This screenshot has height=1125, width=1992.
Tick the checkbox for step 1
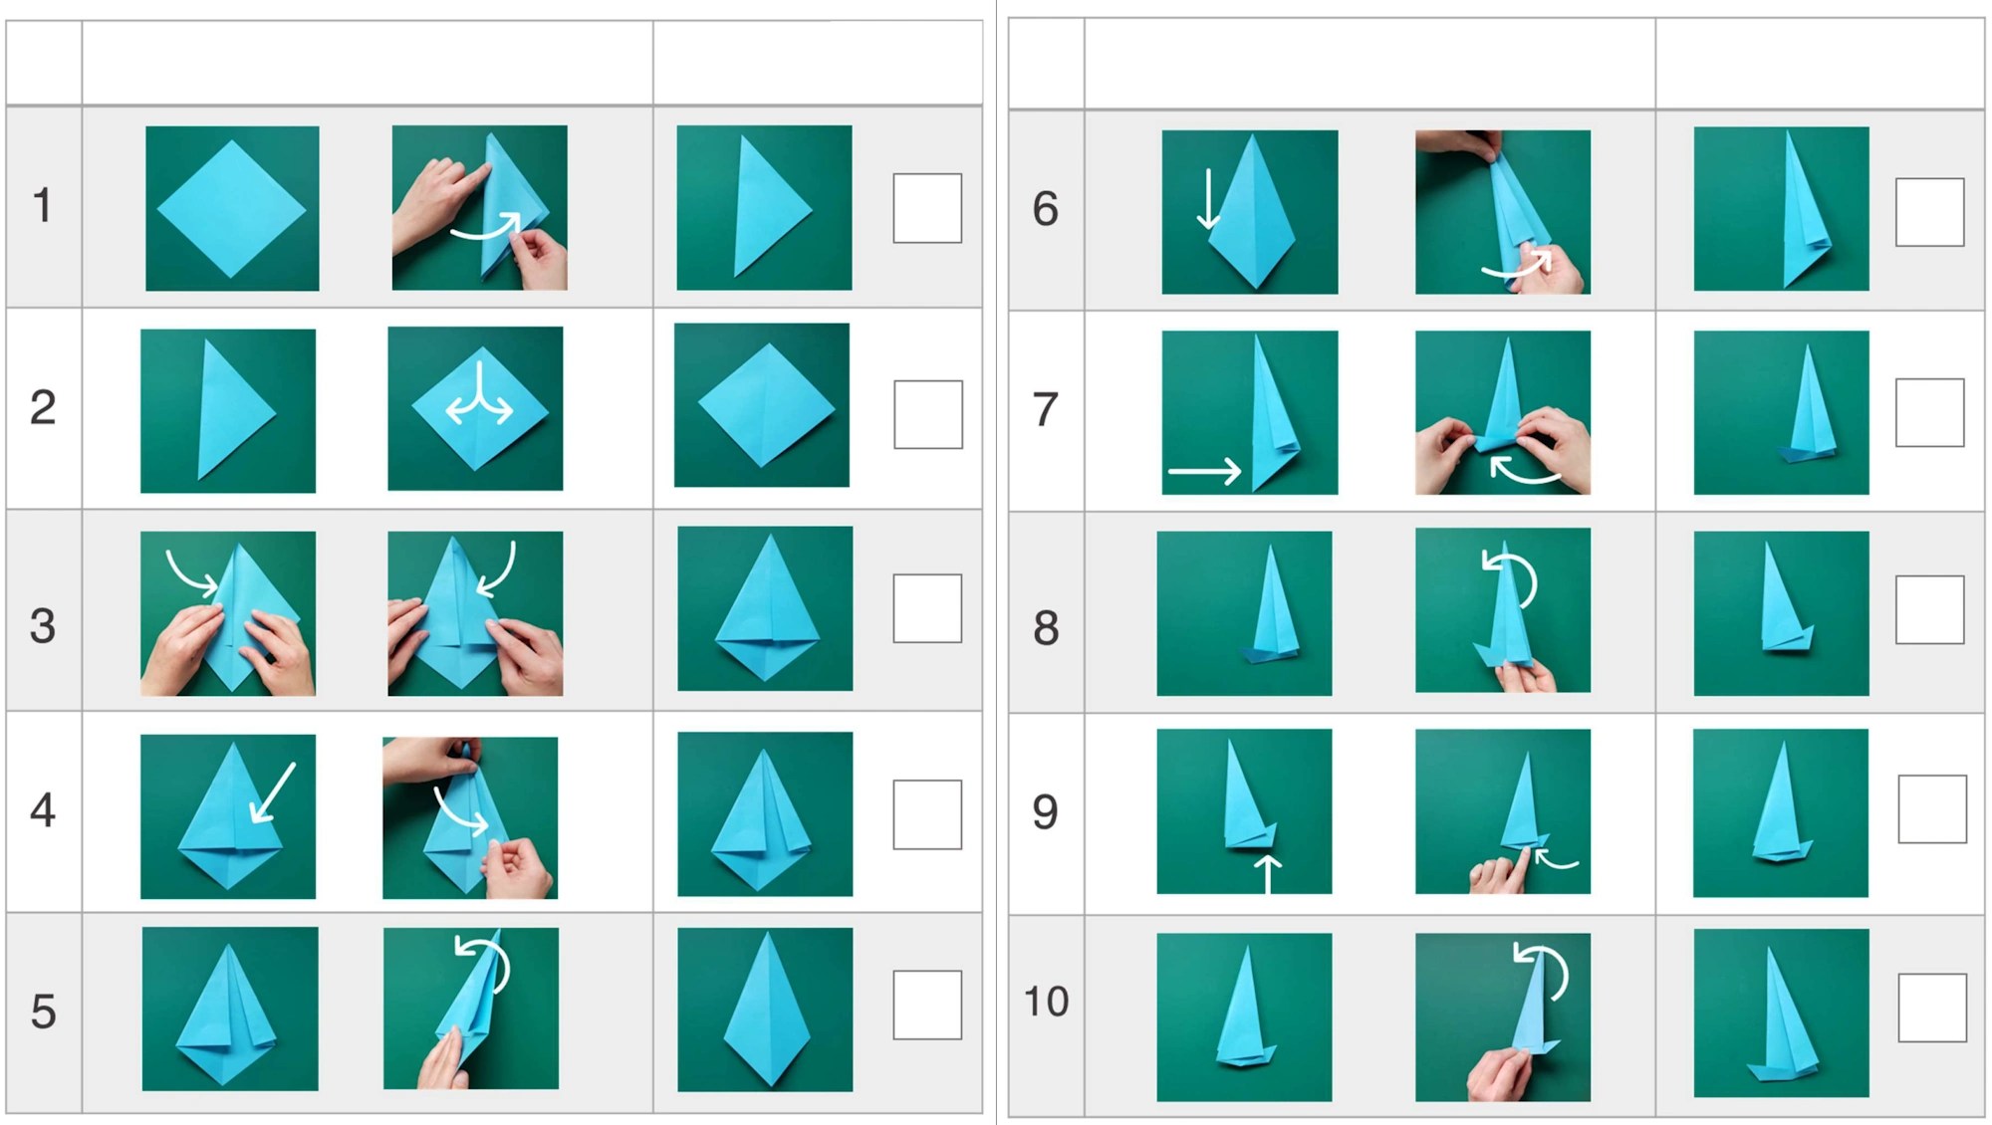[x=927, y=208]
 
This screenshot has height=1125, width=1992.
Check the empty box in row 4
[x=927, y=814]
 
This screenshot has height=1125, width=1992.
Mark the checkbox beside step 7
[x=1930, y=412]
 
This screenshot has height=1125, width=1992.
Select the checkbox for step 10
[x=1932, y=1008]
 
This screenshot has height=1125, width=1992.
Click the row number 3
[x=43, y=626]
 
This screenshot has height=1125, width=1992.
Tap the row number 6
[x=1045, y=209]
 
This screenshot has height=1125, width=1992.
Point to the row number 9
[x=1045, y=811]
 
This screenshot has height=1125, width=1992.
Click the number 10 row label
[x=1046, y=1002]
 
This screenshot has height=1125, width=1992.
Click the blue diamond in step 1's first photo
[x=232, y=209]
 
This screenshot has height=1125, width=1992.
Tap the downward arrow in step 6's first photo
[x=1208, y=199]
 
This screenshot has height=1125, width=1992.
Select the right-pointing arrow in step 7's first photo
[x=1205, y=470]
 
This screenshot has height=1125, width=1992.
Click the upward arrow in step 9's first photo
[x=1267, y=873]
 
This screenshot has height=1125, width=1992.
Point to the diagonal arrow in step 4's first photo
[x=273, y=792]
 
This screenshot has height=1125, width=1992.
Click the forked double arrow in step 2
[x=479, y=397]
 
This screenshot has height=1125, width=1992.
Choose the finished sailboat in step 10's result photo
[x=1782, y=1015]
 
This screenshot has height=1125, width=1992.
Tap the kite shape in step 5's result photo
[x=766, y=1010]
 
